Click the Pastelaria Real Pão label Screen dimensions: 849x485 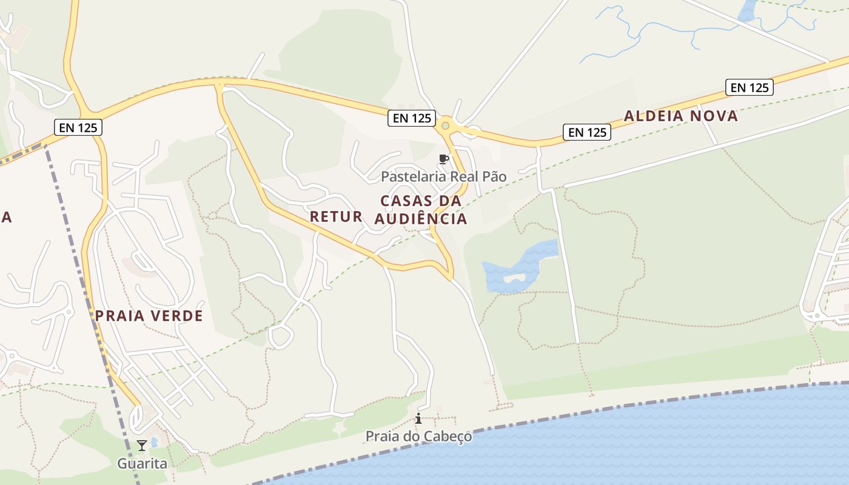(x=443, y=176)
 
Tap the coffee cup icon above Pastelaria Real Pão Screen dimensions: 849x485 (x=443, y=159)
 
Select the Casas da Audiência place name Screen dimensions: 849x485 (x=421, y=210)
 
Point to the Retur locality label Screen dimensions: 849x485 (x=336, y=216)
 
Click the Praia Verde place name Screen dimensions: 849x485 (x=149, y=316)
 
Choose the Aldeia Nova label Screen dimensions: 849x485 (x=681, y=116)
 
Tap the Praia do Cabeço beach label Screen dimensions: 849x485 (x=418, y=436)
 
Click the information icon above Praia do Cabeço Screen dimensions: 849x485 (x=418, y=418)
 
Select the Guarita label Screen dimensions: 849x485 (x=142, y=464)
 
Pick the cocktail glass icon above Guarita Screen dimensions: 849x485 (x=142, y=446)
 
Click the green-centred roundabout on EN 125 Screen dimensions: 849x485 (x=446, y=125)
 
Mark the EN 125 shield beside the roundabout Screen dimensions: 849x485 (x=412, y=118)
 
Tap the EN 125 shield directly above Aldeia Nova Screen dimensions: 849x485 (x=750, y=87)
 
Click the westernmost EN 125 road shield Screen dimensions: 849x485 (x=78, y=127)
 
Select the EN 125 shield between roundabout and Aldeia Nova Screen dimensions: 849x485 (x=586, y=132)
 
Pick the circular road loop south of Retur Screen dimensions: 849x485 (x=280, y=337)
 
